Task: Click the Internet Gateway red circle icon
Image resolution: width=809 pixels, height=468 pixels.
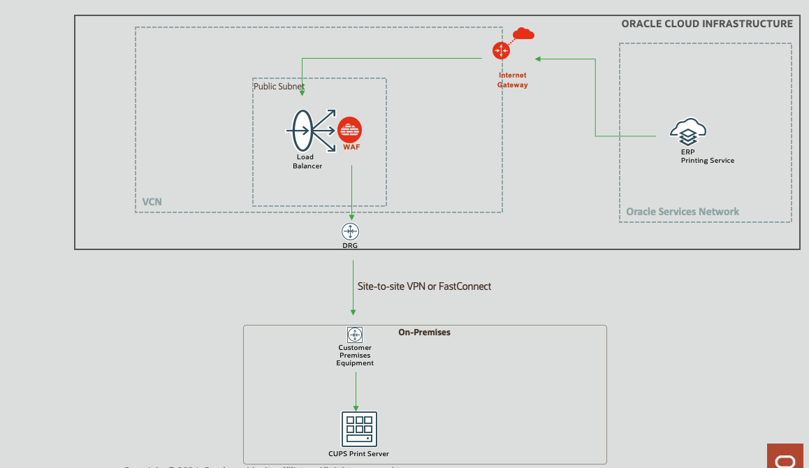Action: click(x=501, y=50)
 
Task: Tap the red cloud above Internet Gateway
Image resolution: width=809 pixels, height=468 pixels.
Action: click(x=523, y=33)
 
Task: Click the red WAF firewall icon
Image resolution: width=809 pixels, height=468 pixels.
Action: click(x=349, y=131)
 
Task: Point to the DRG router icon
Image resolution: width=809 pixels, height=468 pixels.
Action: click(x=350, y=231)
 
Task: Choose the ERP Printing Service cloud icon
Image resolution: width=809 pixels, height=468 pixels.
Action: click(x=688, y=131)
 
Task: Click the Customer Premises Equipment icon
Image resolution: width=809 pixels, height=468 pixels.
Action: click(x=355, y=334)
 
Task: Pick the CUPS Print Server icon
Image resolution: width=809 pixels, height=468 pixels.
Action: click(x=359, y=429)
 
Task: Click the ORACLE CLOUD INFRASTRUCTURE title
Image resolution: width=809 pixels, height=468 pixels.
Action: click(x=707, y=24)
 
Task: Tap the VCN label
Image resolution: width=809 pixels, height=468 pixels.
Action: click(x=152, y=202)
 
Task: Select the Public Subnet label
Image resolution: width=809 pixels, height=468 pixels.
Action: click(x=279, y=87)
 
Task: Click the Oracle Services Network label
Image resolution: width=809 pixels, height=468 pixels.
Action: click(x=683, y=212)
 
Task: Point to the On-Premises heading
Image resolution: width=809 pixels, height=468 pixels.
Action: click(x=424, y=332)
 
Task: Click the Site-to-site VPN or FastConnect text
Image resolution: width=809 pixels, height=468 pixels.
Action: click(x=424, y=286)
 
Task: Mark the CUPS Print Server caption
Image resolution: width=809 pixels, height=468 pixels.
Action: click(x=358, y=454)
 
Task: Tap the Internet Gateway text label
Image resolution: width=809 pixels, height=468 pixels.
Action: click(x=512, y=80)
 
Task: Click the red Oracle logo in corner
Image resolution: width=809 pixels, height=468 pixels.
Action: click(x=786, y=458)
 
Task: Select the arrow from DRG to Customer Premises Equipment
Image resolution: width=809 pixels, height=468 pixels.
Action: click(x=353, y=286)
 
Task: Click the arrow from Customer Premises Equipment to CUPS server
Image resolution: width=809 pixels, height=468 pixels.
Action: click(x=356, y=391)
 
